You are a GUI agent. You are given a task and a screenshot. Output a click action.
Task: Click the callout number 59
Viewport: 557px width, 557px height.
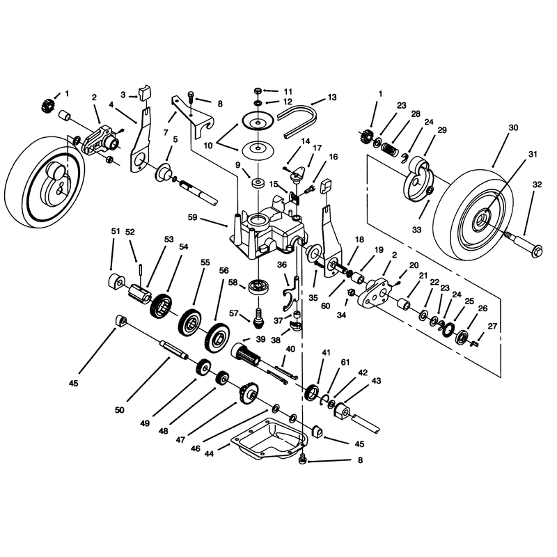click(192, 217)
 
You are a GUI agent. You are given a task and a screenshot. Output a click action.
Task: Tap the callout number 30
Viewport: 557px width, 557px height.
click(513, 127)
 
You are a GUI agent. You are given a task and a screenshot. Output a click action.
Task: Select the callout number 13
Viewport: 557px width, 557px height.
click(332, 97)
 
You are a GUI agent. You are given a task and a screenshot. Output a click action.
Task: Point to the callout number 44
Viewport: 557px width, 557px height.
click(210, 454)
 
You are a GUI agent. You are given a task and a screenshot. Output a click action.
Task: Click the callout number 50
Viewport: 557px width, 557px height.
click(119, 410)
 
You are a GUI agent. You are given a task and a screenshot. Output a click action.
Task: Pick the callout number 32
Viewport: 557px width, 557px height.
click(537, 185)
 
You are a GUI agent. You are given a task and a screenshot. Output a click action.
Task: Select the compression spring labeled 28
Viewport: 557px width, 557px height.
click(391, 148)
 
